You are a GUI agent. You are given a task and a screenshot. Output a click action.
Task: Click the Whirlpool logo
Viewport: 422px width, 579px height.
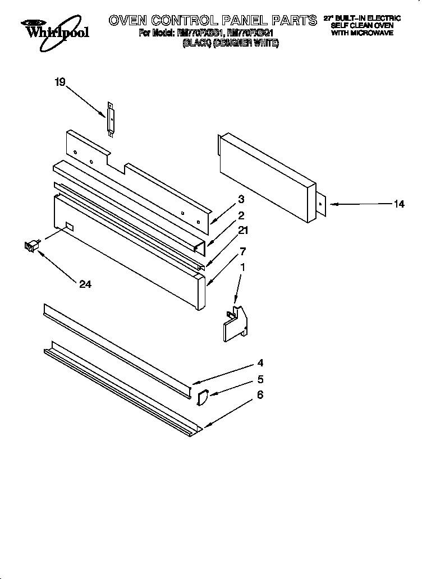point(55,29)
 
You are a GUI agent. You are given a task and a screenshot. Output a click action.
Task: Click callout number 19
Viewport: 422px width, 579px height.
point(60,82)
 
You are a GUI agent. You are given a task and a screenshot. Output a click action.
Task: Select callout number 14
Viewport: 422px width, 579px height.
point(399,204)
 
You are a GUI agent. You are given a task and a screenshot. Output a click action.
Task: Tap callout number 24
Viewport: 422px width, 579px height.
point(85,284)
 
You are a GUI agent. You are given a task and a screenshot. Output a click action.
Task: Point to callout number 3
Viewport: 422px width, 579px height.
point(241,199)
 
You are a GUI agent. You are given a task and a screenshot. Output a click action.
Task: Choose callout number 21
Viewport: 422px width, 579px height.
point(242,230)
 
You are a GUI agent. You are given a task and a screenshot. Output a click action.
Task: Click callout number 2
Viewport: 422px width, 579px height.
point(241,215)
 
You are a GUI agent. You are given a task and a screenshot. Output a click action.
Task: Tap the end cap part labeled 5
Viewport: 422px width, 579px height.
point(201,397)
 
